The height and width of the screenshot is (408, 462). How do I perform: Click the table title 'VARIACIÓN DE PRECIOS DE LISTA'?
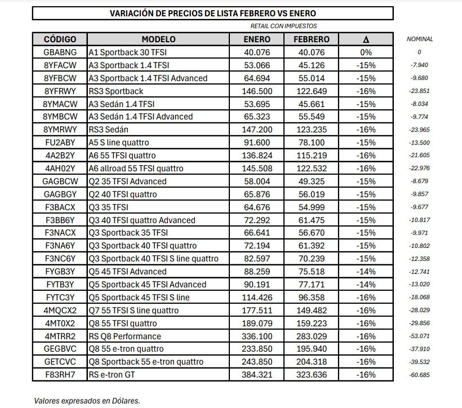tap(212, 13)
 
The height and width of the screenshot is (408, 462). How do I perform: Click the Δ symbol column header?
tap(366, 39)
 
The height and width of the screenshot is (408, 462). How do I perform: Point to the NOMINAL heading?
tap(420, 39)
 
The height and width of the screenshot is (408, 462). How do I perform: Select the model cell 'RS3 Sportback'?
tap(116, 91)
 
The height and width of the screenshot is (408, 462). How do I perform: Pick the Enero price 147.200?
tap(257, 130)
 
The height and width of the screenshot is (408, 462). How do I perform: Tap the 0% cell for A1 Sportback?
tap(366, 52)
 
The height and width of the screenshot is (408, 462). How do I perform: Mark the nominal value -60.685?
tap(420, 375)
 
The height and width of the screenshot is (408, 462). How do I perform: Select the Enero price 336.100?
tap(257, 336)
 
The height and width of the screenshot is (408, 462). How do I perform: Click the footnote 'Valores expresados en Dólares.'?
tap(87, 401)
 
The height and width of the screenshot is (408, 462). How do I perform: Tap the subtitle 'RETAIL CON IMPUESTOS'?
tap(283, 26)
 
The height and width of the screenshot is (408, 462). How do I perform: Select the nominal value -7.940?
tap(420, 65)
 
